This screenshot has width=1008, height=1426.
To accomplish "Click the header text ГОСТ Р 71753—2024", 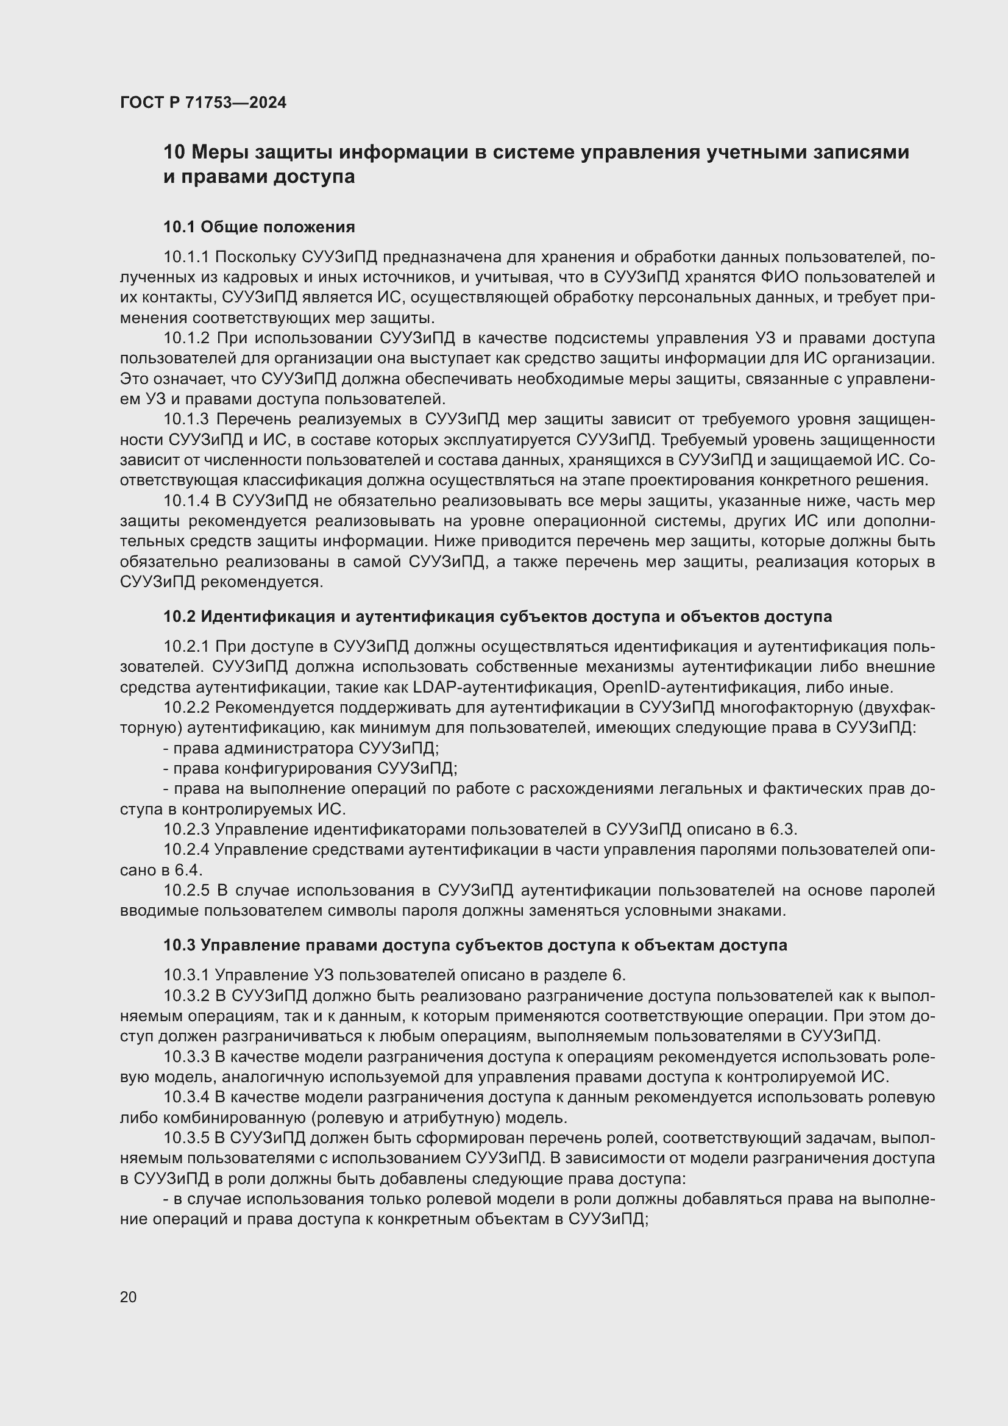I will [203, 103].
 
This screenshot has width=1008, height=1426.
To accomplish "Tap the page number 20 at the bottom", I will [128, 1297].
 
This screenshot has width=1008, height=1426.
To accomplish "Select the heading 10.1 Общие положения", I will [259, 227].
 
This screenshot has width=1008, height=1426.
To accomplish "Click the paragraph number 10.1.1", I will [187, 257].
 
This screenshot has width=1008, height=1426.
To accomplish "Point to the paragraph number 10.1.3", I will [188, 420].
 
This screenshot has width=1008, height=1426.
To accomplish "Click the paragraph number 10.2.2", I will [188, 708].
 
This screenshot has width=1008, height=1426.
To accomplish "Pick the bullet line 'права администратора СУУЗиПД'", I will [301, 749].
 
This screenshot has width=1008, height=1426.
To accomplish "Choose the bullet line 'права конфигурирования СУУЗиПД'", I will [310, 769].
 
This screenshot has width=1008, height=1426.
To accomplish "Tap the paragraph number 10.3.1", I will [187, 975].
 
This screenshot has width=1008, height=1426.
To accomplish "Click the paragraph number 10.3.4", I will [188, 1097].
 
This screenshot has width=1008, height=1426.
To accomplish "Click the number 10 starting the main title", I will [174, 153].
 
